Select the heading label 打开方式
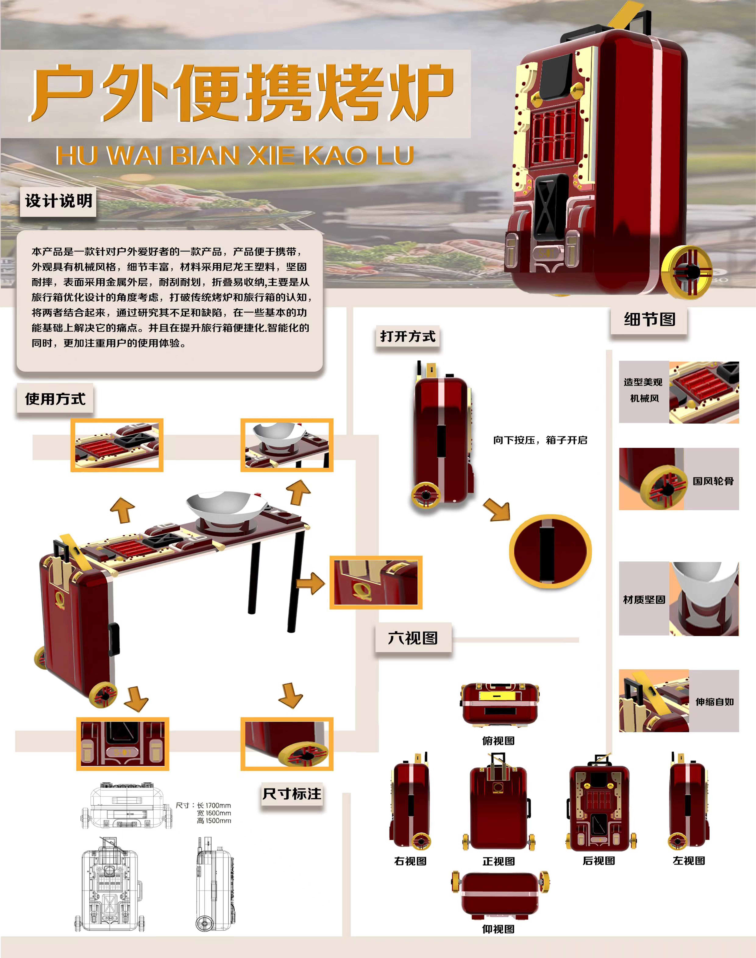[x=408, y=337]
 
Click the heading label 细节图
[x=649, y=319]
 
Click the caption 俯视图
[x=498, y=741]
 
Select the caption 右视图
[x=410, y=861]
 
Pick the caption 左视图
[x=689, y=861]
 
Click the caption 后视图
[x=599, y=861]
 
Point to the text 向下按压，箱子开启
[x=540, y=440]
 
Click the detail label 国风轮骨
[x=713, y=481]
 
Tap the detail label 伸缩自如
[x=714, y=702]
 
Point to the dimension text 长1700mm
[x=214, y=805]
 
